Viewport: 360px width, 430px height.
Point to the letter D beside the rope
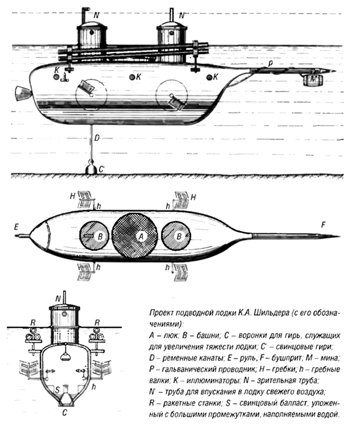(97, 138)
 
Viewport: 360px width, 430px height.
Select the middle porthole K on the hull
(132, 77)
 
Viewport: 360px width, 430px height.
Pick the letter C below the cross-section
(65, 413)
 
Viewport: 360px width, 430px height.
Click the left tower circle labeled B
(94, 235)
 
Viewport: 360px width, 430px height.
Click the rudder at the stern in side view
(21, 93)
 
